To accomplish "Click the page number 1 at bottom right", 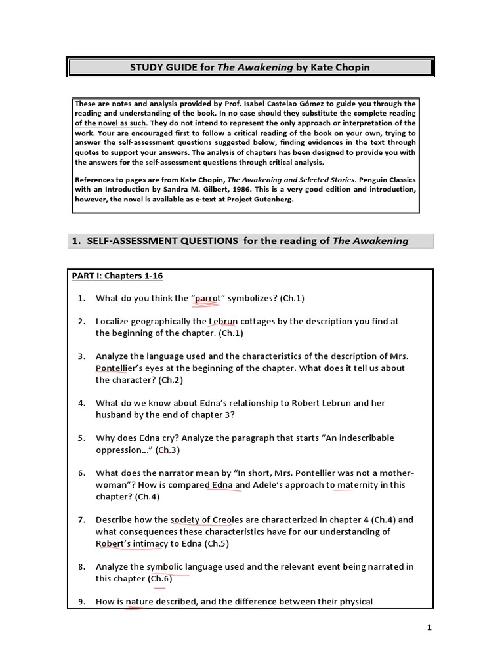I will pyautogui.click(x=429, y=627).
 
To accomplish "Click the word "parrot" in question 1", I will pyautogui.click(x=208, y=299).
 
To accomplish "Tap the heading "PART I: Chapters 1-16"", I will pyautogui.click(x=117, y=276).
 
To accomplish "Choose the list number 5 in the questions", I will pyautogui.click(x=81, y=438).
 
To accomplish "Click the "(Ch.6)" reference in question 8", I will pyautogui.click(x=159, y=579).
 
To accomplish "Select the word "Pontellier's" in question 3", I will pyautogui.click(x=127, y=368).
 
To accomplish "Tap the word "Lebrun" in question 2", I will pyautogui.click(x=223, y=322).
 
